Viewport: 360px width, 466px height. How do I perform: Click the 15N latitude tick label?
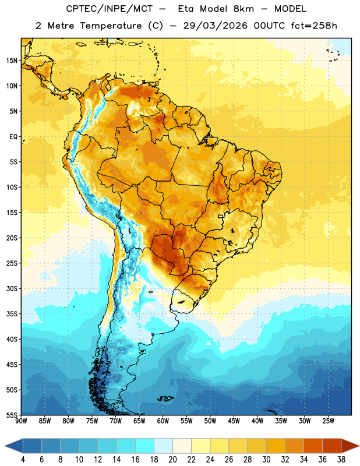tap(12, 61)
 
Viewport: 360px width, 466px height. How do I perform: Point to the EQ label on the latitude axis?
tap(13, 137)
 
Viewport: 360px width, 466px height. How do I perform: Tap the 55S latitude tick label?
tap(12, 415)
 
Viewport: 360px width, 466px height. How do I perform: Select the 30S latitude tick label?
tap(12, 288)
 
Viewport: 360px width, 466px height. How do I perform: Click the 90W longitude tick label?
tap(21, 421)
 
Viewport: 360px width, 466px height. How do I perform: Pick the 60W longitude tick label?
tap(163, 421)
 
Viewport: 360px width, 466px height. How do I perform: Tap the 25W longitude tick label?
tap(328, 421)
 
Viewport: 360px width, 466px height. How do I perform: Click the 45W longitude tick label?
tap(234, 421)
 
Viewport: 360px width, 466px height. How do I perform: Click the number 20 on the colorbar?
tap(172, 460)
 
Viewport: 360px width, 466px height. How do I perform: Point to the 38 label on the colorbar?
tap(341, 460)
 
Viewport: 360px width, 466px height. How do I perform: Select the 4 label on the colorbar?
tap(23, 460)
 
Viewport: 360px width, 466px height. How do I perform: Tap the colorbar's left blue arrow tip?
tap(5, 446)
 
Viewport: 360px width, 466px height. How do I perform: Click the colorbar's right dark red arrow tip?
tap(359, 446)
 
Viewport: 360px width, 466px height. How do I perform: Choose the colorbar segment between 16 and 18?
tap(144, 446)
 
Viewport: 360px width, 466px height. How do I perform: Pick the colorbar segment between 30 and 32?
tap(276, 446)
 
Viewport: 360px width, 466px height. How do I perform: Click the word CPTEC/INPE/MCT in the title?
tap(110, 9)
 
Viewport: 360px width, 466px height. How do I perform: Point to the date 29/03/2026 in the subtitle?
tap(215, 26)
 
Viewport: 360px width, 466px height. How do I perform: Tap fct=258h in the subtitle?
tap(314, 26)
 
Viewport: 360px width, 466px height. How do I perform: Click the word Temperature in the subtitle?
tap(111, 26)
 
